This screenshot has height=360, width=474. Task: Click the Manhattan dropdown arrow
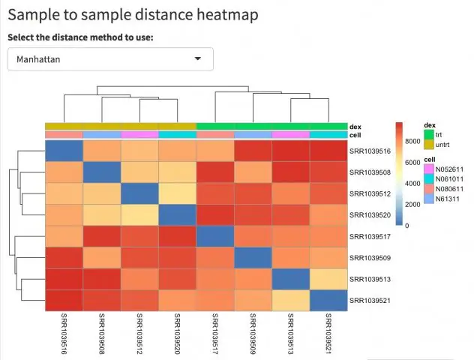(x=198, y=58)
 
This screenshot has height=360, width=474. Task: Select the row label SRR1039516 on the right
(x=370, y=151)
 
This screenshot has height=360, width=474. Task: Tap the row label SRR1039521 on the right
(x=370, y=301)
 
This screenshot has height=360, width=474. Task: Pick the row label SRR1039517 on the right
(x=370, y=236)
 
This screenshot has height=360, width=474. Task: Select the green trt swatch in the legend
(x=428, y=134)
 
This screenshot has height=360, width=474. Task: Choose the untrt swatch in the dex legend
(x=428, y=143)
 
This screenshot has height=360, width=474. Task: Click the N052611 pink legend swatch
(x=428, y=169)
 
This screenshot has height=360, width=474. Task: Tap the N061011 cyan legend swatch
(x=428, y=179)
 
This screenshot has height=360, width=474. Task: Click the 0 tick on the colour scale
(x=407, y=225)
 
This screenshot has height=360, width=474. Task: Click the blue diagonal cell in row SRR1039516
(x=64, y=151)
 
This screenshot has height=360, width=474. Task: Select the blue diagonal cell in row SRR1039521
(x=328, y=301)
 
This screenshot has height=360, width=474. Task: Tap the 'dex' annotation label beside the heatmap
(x=355, y=127)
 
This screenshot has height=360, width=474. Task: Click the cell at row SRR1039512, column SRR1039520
(x=177, y=193)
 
